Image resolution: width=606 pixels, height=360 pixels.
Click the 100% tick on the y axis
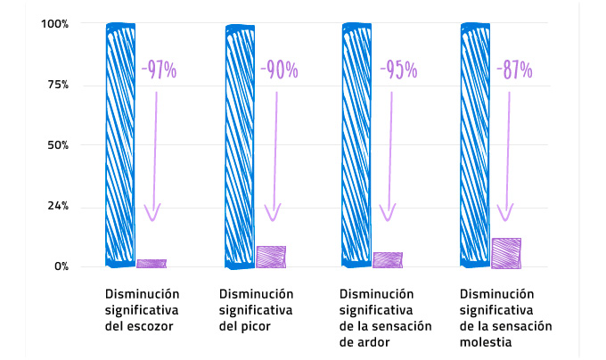coord(54,23)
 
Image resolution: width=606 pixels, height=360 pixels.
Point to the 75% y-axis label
coord(56,85)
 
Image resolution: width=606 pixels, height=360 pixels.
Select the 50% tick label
coord(56,145)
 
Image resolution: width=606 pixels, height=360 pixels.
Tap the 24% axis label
coord(56,207)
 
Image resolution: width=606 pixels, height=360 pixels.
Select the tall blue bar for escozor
coord(120,144)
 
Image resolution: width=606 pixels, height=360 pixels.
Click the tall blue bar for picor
coord(241,144)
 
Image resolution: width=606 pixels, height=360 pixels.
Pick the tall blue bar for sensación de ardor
coord(357,144)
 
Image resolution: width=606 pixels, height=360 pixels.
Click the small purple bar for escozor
coord(151,263)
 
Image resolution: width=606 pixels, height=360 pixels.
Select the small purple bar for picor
coord(271,257)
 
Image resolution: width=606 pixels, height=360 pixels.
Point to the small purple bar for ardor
coord(388,260)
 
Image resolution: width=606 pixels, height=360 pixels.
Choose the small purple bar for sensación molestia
coord(506,253)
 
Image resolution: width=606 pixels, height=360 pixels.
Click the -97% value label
coord(159,70)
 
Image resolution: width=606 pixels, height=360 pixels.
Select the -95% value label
coord(396,70)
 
